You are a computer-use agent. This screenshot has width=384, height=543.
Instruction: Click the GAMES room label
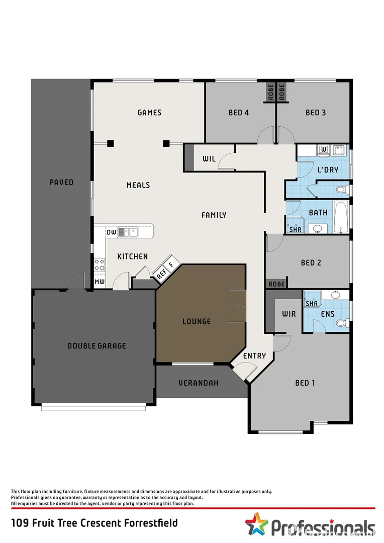(149, 113)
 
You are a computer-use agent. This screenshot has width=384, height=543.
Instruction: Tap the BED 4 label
(238, 113)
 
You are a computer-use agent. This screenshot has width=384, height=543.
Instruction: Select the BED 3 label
(316, 113)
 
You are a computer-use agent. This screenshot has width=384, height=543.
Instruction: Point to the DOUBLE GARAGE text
(97, 346)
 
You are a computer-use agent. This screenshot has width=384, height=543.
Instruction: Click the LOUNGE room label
(197, 321)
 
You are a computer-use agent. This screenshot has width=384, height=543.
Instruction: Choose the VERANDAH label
(199, 383)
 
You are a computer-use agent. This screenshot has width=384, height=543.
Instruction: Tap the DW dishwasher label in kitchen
(111, 232)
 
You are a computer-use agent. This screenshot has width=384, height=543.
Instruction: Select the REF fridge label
(161, 275)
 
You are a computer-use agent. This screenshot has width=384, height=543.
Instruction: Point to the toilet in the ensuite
(342, 322)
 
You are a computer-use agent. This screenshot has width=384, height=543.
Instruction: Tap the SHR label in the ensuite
(312, 304)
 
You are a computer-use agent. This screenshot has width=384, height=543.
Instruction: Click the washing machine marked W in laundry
(324, 149)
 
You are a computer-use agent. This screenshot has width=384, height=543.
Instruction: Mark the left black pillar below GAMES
(111, 143)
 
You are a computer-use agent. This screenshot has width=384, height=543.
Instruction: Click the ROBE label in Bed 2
(276, 284)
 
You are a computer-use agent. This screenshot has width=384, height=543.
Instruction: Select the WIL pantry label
(209, 159)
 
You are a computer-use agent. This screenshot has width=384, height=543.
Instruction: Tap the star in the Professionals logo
(256, 524)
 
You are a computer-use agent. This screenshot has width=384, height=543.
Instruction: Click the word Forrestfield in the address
(149, 523)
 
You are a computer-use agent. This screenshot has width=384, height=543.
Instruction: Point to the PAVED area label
(61, 182)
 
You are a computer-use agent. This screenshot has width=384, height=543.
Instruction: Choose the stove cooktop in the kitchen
(100, 264)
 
